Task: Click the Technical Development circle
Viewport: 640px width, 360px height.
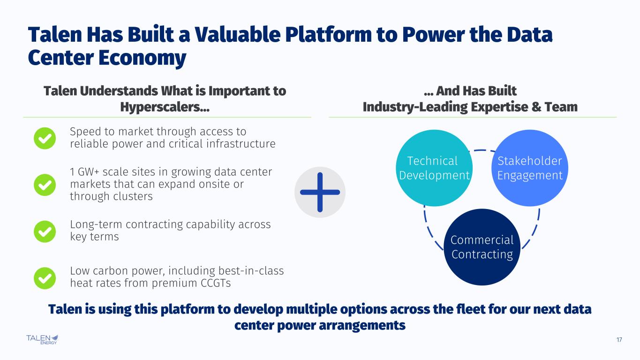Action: pos(433,168)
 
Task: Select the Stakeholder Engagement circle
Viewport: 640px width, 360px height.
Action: pos(529,168)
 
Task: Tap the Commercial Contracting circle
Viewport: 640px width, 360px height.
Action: pos(482,247)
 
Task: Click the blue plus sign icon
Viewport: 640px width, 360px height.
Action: pos(320,192)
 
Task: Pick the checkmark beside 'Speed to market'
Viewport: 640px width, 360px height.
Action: pos(45,138)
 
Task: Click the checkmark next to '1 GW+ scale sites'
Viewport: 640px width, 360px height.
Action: pos(45,185)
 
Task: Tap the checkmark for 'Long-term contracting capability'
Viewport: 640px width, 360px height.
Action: pos(45,231)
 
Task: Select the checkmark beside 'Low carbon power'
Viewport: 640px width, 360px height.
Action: pos(45,277)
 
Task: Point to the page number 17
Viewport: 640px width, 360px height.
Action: pos(619,340)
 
